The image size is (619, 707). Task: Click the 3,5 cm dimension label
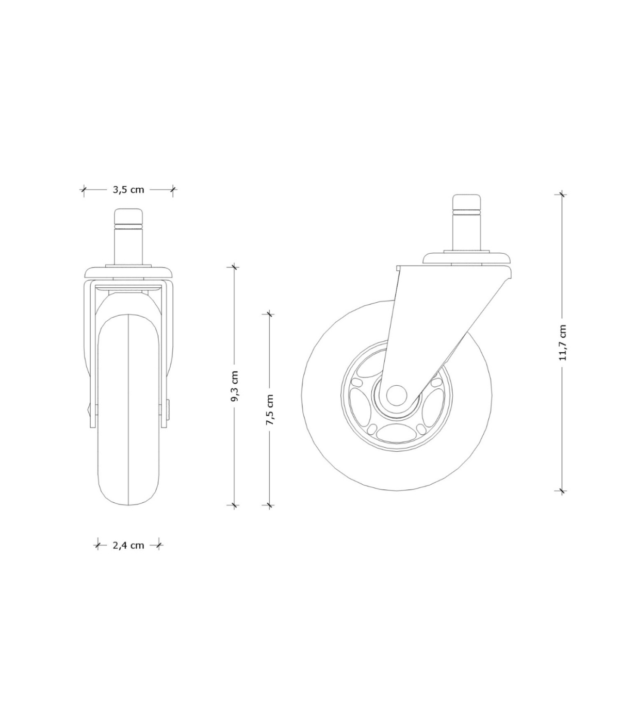128,189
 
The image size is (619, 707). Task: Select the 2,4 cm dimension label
128,545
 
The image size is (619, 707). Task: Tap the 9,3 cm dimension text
235,386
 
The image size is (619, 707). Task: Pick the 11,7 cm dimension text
562,342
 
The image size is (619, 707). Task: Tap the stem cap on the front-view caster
128,216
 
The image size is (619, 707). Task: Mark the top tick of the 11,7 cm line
562,194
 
